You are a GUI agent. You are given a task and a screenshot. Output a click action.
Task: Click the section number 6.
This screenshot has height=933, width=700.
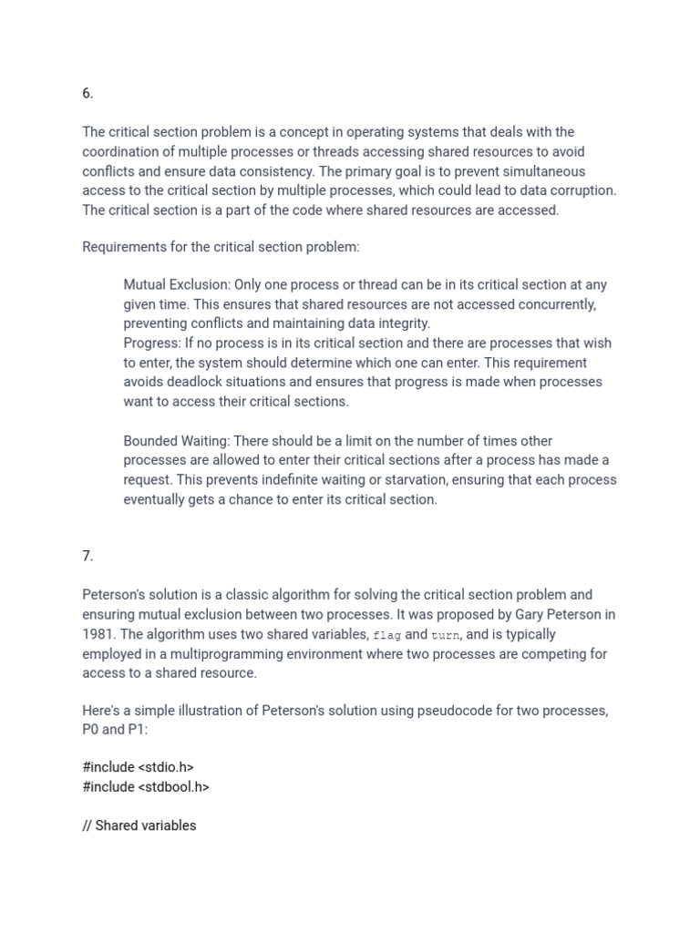[87, 94]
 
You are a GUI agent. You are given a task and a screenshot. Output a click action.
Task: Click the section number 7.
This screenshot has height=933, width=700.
[87, 556]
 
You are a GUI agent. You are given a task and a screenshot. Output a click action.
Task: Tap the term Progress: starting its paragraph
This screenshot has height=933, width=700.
[152, 343]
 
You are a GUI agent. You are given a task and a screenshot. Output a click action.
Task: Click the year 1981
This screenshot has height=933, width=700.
[98, 634]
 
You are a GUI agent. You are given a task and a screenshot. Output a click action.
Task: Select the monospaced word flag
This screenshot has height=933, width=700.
[387, 635]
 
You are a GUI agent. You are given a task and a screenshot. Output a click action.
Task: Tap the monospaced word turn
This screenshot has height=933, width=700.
[446, 635]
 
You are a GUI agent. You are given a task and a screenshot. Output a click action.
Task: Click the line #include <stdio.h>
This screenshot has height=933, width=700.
[138, 767]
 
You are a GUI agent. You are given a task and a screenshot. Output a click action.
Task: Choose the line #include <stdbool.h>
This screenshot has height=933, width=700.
[146, 786]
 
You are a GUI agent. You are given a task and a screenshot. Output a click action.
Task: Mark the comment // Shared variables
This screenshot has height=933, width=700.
[139, 825]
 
